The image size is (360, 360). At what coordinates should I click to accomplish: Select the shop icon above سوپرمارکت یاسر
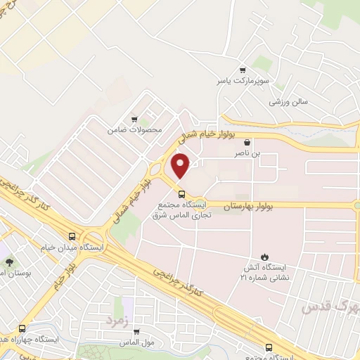(243, 70)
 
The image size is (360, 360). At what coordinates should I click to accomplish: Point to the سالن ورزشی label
(288, 102)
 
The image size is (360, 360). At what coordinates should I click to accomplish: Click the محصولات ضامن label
(135, 130)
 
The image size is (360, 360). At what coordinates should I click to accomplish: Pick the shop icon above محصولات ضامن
(135, 119)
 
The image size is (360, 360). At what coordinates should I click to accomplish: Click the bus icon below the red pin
(181, 194)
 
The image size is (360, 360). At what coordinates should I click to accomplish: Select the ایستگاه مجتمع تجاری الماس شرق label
(181, 210)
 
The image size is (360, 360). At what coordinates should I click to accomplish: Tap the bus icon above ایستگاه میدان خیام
(72, 236)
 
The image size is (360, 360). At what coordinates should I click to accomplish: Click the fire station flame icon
(265, 257)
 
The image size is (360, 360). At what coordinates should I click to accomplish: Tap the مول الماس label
(136, 342)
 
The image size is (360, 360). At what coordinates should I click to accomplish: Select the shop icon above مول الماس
(136, 331)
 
